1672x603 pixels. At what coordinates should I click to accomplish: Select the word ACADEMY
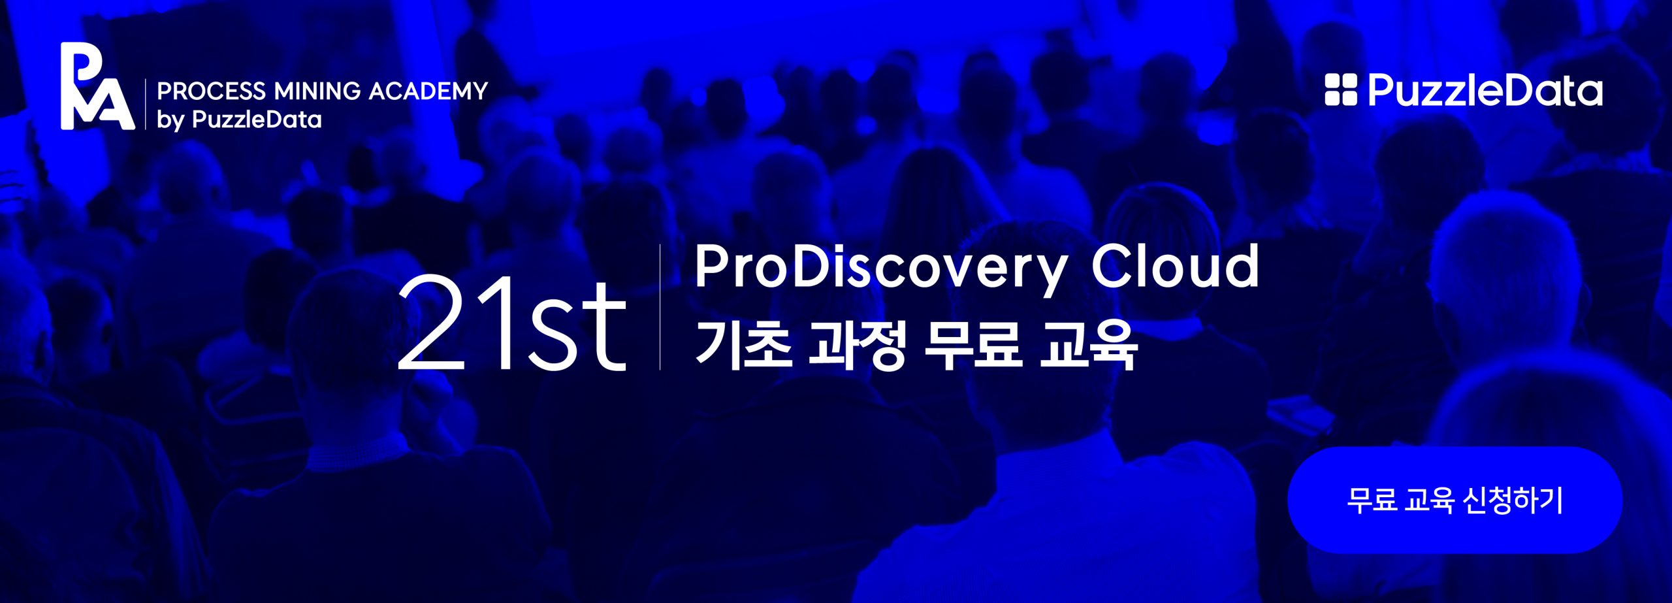[x=428, y=91]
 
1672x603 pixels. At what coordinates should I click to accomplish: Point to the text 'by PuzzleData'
[x=239, y=120]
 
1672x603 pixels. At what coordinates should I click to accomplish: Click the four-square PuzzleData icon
[x=1341, y=90]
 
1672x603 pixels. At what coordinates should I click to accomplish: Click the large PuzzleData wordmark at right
[x=1485, y=90]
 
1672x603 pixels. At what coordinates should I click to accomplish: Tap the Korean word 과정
[x=856, y=343]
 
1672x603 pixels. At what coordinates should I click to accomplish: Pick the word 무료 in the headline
[x=972, y=342]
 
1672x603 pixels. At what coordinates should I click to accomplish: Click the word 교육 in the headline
[x=1088, y=343]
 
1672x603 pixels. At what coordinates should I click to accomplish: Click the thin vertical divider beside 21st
[x=660, y=307]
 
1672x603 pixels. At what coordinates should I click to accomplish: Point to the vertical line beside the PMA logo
[x=146, y=105]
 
